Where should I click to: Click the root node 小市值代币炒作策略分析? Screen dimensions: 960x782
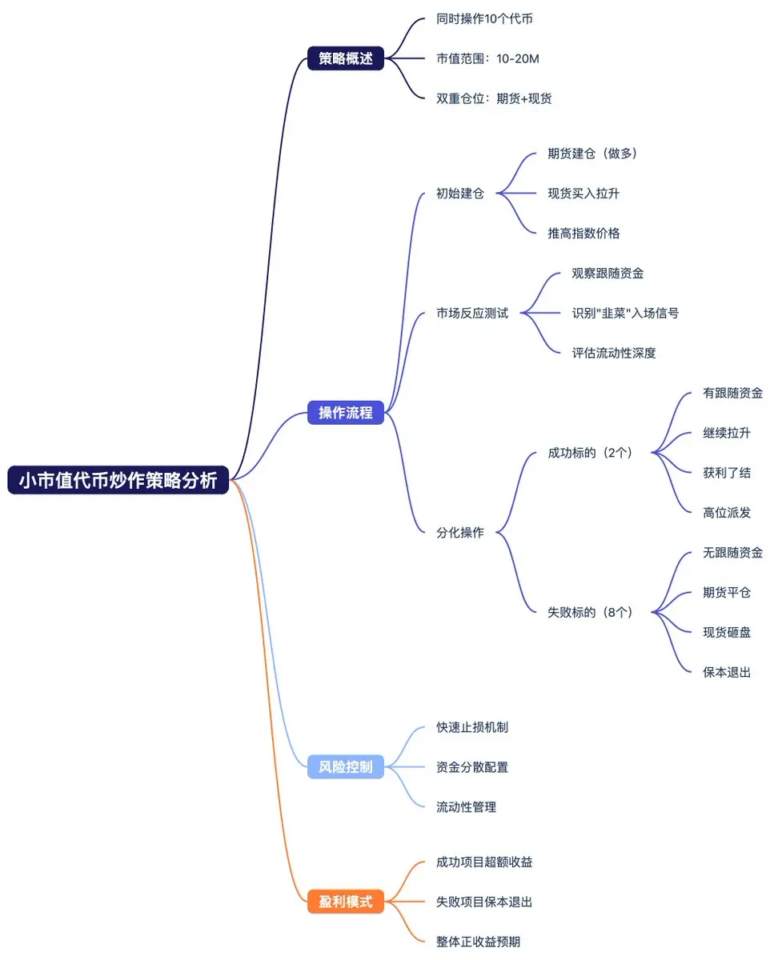coord(118,481)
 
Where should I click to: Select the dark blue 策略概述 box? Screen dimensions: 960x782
coord(346,58)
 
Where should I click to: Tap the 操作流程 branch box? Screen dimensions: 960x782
coord(346,414)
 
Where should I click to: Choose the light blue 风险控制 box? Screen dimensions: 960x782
coord(346,767)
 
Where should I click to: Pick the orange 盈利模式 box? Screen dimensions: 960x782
coord(346,902)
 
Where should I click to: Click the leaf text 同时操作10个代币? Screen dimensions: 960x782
coord(484,18)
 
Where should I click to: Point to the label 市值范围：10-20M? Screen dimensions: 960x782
coord(488,58)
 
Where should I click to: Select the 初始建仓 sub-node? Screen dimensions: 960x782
coord(460,193)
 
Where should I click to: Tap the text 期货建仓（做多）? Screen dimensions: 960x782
coord(592,153)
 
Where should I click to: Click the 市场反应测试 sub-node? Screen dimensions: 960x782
coord(472,313)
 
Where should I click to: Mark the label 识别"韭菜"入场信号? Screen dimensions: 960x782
coord(625,313)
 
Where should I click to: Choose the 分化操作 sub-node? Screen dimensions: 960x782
coord(460,532)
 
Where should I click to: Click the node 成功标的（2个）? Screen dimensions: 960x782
coord(590,453)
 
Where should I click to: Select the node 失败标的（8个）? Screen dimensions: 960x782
coord(590,612)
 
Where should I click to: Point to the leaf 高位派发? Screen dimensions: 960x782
coord(727,513)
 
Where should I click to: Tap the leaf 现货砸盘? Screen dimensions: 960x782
coord(727,632)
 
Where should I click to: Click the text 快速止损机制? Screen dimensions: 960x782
coord(472,727)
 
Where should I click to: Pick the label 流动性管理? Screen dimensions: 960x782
coord(466,807)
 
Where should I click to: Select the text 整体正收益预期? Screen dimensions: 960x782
coord(478,942)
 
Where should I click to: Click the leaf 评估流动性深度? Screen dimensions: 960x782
coord(614,353)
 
